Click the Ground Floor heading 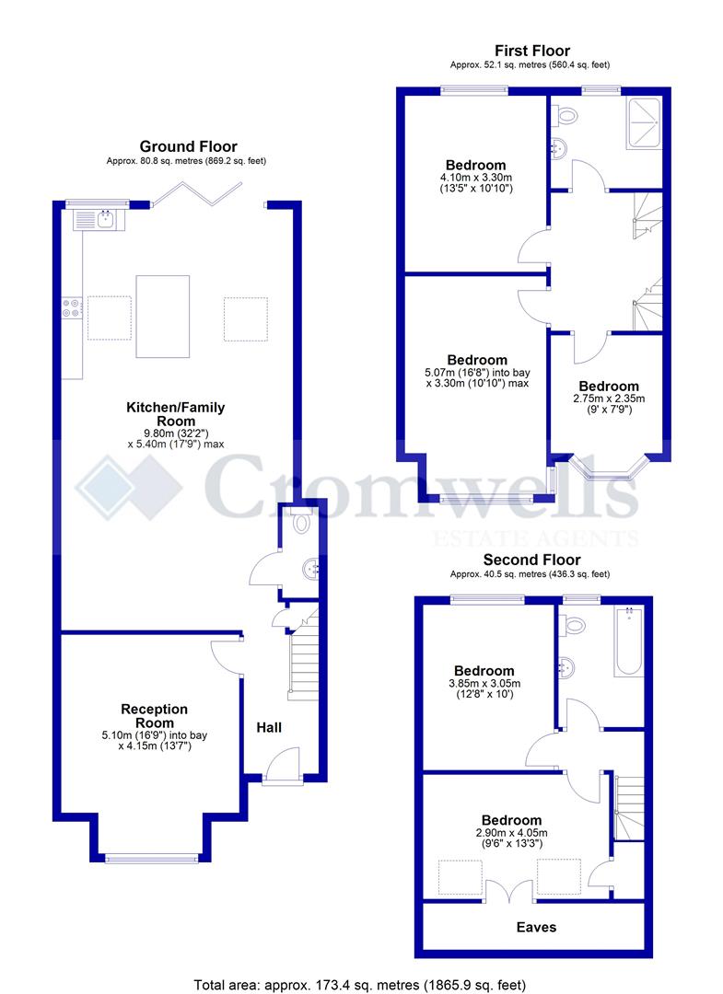[188, 146]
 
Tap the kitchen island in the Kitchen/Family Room [162, 316]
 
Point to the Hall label [269, 727]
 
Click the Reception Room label [154, 715]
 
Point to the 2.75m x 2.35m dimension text [609, 399]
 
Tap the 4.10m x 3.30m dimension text [476, 178]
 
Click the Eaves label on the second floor [535, 927]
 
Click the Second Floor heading [531, 560]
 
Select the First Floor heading [531, 51]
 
